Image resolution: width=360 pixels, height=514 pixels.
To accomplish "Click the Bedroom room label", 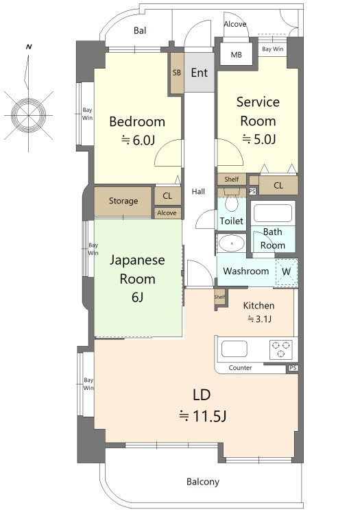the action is click(x=137, y=121).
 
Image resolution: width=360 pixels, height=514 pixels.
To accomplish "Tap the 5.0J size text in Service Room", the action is click(x=259, y=139).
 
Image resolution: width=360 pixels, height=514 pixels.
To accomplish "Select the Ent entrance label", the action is click(x=200, y=73).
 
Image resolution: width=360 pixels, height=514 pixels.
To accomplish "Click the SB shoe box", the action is click(x=177, y=73).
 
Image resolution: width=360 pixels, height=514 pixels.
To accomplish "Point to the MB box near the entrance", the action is click(x=236, y=53).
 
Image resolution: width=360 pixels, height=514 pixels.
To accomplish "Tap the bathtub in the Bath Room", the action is click(x=273, y=213).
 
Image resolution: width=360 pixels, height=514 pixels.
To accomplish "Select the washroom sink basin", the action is click(x=232, y=243).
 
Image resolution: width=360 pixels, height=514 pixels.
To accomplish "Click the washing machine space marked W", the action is click(x=286, y=272).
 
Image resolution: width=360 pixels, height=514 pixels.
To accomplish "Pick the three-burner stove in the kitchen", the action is click(x=281, y=349).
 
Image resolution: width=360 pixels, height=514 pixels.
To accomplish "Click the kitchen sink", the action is click(x=235, y=349).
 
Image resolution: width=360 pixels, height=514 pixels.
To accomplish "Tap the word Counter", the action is click(x=240, y=368).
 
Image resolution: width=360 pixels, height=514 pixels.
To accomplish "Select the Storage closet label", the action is click(x=123, y=201).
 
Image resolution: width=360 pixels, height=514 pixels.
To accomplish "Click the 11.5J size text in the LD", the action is click(x=202, y=416).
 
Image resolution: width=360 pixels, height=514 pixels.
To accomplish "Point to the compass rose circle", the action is click(x=29, y=115).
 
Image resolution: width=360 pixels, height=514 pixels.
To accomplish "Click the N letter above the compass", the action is click(x=29, y=47).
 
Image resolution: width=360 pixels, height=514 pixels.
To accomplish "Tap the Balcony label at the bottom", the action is click(x=203, y=482).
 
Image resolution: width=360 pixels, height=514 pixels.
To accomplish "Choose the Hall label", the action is click(x=198, y=191).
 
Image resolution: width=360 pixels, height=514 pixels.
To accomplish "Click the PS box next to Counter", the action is click(x=293, y=368).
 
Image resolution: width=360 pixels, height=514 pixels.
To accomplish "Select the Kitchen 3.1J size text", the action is click(x=259, y=319).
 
